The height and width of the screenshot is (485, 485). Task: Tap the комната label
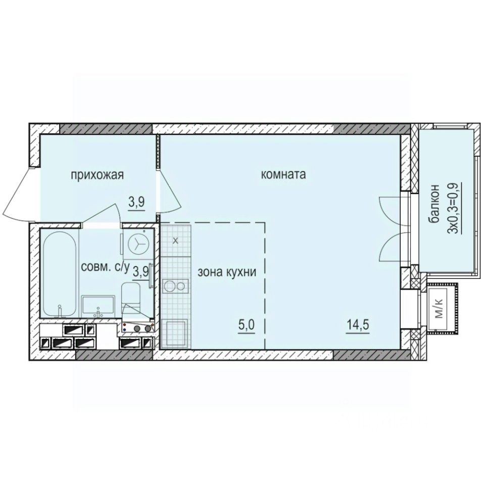pos(283,175)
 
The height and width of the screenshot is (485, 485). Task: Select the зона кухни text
pos(227,271)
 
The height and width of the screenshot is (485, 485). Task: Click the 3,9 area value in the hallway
pos(136,202)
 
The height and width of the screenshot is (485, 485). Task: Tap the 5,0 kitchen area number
pos(247,324)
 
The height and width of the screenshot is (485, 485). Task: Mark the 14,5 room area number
pos(357,324)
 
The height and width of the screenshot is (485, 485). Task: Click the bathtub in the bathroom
pos(59,273)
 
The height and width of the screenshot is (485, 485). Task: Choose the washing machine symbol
pos(137,244)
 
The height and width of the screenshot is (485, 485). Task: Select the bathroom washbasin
pos(99,306)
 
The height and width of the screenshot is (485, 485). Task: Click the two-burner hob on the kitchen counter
pos(174,286)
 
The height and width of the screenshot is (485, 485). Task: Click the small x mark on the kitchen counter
pos(175,240)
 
